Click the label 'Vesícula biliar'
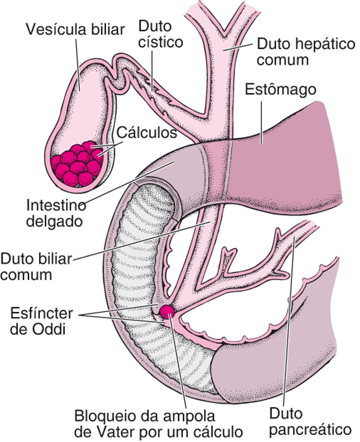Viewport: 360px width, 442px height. click(x=75, y=29)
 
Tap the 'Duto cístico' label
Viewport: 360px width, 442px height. click(x=160, y=34)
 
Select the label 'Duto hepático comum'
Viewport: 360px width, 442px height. click(x=306, y=52)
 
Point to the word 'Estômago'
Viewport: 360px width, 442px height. click(x=280, y=89)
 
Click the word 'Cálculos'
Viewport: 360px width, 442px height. click(x=146, y=133)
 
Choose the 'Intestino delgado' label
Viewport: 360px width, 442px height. click(x=55, y=213)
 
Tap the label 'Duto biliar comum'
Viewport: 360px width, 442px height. click(x=36, y=267)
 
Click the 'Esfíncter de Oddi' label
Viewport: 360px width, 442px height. click(x=41, y=321)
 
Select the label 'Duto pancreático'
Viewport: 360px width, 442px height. click(x=310, y=421)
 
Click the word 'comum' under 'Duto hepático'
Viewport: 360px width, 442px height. click(x=282, y=60)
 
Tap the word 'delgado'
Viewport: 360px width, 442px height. click(x=54, y=221)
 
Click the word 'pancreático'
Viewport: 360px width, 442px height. click(x=310, y=429)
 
